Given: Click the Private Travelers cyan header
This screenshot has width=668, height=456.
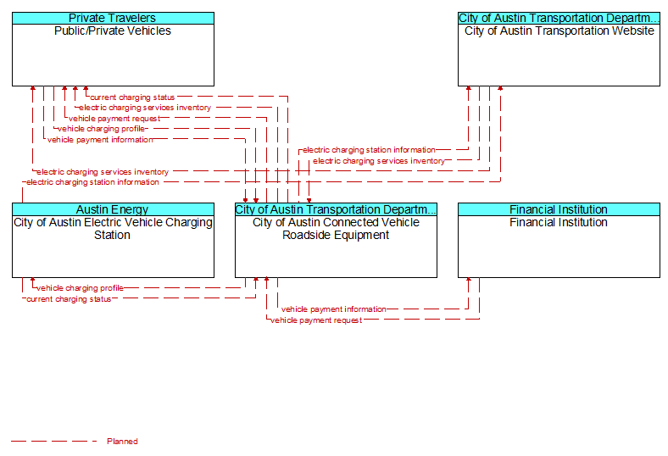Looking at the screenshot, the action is (113, 18).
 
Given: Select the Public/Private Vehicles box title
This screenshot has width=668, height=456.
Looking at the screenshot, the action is (113, 31).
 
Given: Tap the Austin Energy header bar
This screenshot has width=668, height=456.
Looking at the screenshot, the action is (113, 209).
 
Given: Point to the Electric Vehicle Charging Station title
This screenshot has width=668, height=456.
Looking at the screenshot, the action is (113, 229).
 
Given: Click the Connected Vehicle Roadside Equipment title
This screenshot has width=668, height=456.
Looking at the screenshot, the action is (337, 229).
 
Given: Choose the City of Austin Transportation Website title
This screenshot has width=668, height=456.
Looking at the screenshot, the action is (559, 31).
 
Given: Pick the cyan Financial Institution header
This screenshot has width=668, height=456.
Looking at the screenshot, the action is (559, 209).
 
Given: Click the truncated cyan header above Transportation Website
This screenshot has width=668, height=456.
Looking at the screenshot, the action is (559, 18).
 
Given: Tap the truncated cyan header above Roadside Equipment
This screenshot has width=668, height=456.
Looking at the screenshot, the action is (337, 209).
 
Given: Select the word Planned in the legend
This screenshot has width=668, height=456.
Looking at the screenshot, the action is (122, 441).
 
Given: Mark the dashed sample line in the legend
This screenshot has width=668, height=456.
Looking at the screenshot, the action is (54, 441).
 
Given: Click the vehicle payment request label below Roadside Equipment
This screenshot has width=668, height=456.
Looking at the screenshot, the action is (316, 320).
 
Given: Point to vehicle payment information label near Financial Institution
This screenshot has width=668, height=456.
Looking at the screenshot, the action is (333, 309).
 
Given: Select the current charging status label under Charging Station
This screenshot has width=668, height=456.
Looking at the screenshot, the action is (69, 299).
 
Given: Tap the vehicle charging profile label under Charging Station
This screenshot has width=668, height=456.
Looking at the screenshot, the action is (80, 288).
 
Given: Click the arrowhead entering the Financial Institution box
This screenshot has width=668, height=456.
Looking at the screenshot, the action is (469, 280).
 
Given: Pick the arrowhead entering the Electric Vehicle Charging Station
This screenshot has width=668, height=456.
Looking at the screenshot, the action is (33, 280).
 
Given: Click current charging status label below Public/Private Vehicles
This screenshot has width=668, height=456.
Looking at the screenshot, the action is (132, 97).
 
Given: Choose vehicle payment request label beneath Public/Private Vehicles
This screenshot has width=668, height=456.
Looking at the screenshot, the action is (114, 119).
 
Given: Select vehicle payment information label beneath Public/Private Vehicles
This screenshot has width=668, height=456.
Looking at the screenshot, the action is (100, 140).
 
